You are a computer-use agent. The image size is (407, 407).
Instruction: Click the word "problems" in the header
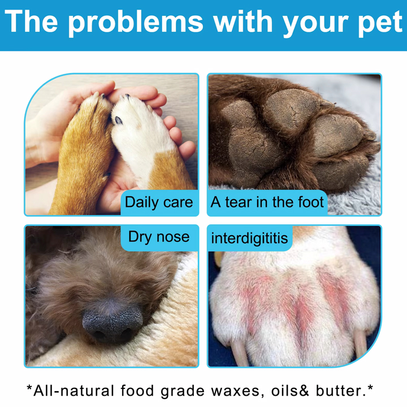coord(135,23)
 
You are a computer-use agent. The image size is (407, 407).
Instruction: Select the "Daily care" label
coord(159,202)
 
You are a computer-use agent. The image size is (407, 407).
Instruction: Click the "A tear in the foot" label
coord(267,202)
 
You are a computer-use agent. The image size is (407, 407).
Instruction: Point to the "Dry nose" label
coord(159,237)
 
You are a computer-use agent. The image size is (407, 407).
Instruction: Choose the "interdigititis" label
coord(249,239)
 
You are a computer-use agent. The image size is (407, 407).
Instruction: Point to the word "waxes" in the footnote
coord(235,391)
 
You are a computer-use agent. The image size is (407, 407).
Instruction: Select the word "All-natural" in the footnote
coord(73,391)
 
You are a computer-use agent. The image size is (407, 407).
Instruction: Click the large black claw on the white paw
coord(119,120)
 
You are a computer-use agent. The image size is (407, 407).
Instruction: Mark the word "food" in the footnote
coord(137,391)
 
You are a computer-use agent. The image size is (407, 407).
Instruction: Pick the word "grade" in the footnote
coord(182,391)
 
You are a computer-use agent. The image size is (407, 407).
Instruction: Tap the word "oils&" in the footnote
coord(290,391)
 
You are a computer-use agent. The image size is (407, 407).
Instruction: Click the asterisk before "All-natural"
coord(29,388)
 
